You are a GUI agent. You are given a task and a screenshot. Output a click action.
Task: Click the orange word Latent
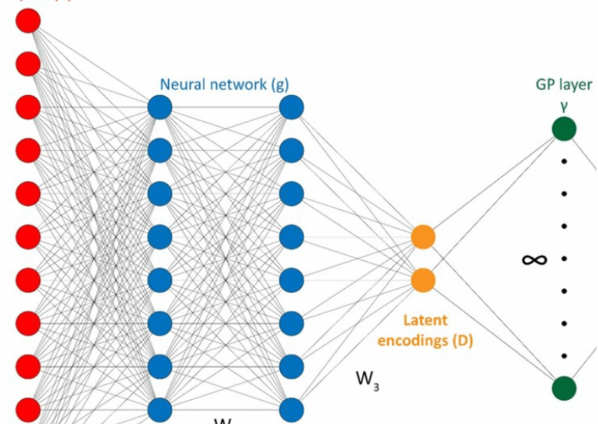[x=425, y=319]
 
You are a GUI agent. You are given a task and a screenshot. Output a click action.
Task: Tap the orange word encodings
[x=416, y=340]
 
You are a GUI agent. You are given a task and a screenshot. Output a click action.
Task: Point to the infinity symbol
[x=534, y=259]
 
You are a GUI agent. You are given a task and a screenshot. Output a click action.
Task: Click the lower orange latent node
[x=423, y=280]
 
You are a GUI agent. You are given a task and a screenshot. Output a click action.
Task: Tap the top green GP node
[x=565, y=129]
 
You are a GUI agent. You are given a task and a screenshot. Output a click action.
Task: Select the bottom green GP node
[x=565, y=388]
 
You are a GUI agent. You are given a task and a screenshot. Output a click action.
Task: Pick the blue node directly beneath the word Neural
[x=160, y=107]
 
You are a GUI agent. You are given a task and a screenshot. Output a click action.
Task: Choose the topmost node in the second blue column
[x=291, y=107]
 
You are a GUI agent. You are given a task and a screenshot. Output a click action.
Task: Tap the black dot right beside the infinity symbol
[x=565, y=259]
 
